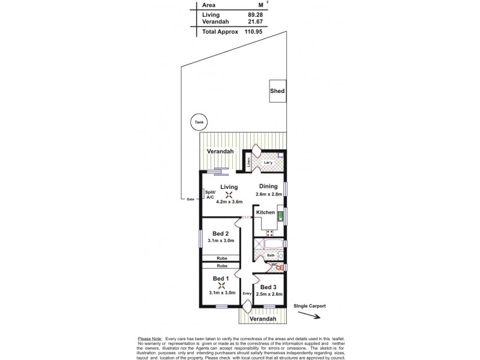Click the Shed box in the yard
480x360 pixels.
277,91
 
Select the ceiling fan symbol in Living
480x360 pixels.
229,194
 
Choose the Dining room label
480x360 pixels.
268,187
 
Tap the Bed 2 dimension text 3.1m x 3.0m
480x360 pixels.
220,241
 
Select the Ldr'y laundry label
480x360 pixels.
269,163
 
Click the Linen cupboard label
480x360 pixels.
247,162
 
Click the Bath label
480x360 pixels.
271,255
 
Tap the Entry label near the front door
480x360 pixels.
247,293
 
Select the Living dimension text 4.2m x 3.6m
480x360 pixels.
229,202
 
